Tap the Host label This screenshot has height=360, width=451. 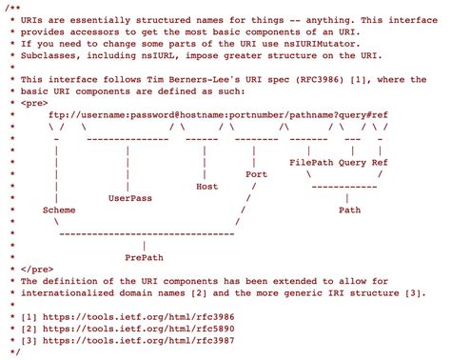point(206,186)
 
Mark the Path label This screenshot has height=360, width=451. point(349,209)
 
